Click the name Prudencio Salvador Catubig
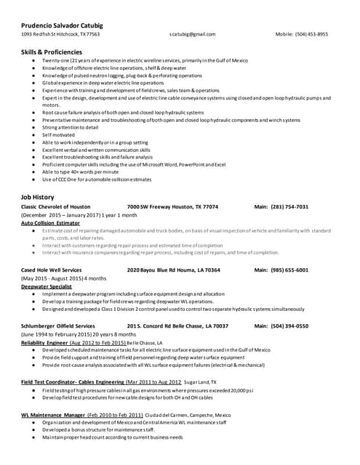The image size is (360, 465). click(x=62, y=23)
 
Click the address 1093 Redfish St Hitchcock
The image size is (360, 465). click(x=60, y=34)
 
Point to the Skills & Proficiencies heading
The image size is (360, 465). click(x=52, y=52)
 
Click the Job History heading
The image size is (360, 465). click(x=38, y=197)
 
